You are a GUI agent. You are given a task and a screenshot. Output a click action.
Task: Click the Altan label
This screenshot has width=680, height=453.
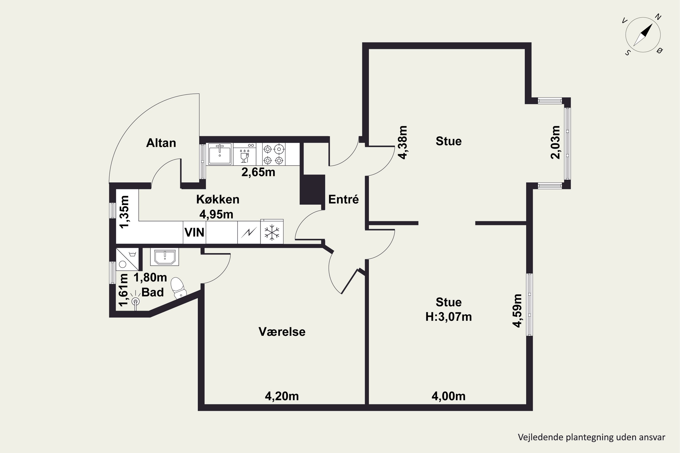pos(161,143)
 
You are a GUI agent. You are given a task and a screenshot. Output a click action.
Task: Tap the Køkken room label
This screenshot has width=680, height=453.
pos(218,199)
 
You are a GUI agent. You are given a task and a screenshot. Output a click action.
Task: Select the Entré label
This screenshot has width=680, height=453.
pos(343,199)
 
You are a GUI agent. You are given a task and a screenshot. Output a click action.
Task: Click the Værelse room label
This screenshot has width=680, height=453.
pos(282,332)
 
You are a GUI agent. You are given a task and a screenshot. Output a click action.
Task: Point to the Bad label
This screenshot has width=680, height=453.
pos(152,292)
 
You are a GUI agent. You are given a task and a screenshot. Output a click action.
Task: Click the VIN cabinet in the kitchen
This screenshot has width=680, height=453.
pos(194,232)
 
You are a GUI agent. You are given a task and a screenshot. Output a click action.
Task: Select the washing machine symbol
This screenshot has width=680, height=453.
pos(127,259)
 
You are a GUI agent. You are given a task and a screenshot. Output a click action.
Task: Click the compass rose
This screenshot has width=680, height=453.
pos(643,35)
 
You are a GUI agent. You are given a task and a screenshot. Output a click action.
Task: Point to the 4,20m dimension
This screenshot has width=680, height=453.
pos(282,396)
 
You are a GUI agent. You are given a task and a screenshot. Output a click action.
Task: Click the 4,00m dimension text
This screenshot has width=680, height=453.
pos(448,396)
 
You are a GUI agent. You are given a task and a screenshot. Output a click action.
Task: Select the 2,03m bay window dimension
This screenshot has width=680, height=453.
pos(555,142)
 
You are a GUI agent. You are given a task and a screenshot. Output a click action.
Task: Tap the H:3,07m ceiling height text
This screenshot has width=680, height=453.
pos(448,317)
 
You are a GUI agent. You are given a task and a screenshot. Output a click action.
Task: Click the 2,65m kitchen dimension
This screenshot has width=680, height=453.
pos(258,172)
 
